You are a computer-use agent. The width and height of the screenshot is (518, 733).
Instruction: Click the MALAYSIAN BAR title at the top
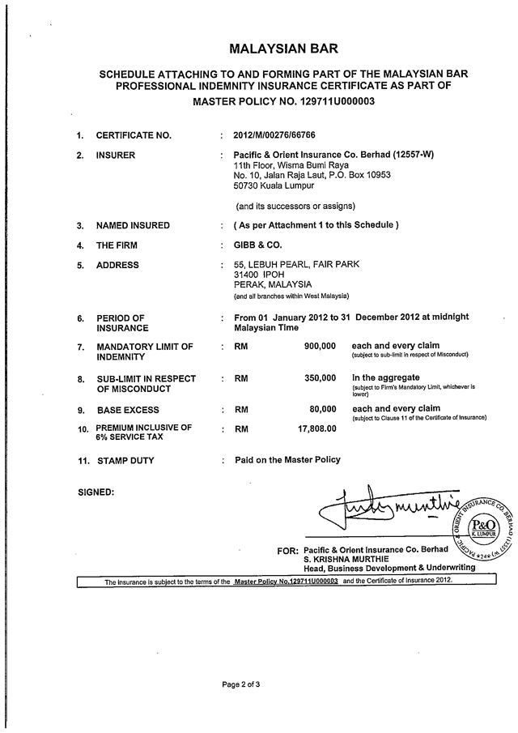click(283, 49)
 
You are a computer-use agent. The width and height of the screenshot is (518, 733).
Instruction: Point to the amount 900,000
click(320, 346)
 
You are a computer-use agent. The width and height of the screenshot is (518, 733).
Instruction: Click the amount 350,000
click(320, 378)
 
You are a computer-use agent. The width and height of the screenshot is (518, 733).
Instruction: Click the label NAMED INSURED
click(133, 225)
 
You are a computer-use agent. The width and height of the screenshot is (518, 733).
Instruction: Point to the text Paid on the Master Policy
click(287, 460)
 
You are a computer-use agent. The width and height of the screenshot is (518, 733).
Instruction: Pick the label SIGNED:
click(96, 492)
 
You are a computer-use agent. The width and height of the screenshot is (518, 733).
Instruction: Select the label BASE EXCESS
click(128, 410)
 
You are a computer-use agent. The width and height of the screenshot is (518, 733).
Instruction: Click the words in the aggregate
click(385, 377)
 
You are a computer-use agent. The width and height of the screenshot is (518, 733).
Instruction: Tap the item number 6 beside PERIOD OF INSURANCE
click(80, 318)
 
